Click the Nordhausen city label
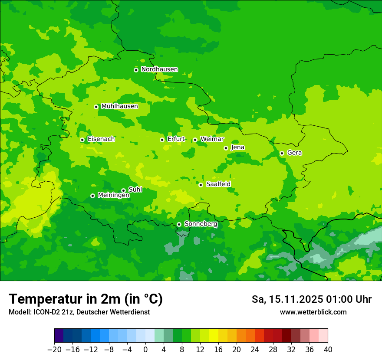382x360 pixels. point(159,69)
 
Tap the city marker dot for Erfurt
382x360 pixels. point(162,140)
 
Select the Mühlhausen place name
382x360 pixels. point(119,106)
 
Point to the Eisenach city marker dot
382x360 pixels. point(82,140)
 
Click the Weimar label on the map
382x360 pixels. point(212,139)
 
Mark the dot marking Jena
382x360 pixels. point(226,148)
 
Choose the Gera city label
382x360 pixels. point(294,153)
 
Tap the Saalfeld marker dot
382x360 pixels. point(201,185)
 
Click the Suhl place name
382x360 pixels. point(135,190)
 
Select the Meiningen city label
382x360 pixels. point(113,196)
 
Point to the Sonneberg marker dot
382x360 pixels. point(179,224)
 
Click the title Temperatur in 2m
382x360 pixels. point(86,299)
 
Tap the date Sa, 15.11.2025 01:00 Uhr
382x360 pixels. point(311,299)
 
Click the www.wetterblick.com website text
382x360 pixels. point(313,312)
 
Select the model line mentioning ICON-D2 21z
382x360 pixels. point(79,312)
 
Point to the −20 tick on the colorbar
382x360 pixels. point(54,350)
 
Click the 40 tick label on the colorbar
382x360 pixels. point(328,350)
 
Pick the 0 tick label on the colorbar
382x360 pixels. point(145,350)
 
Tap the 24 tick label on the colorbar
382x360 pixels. point(255,350)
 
